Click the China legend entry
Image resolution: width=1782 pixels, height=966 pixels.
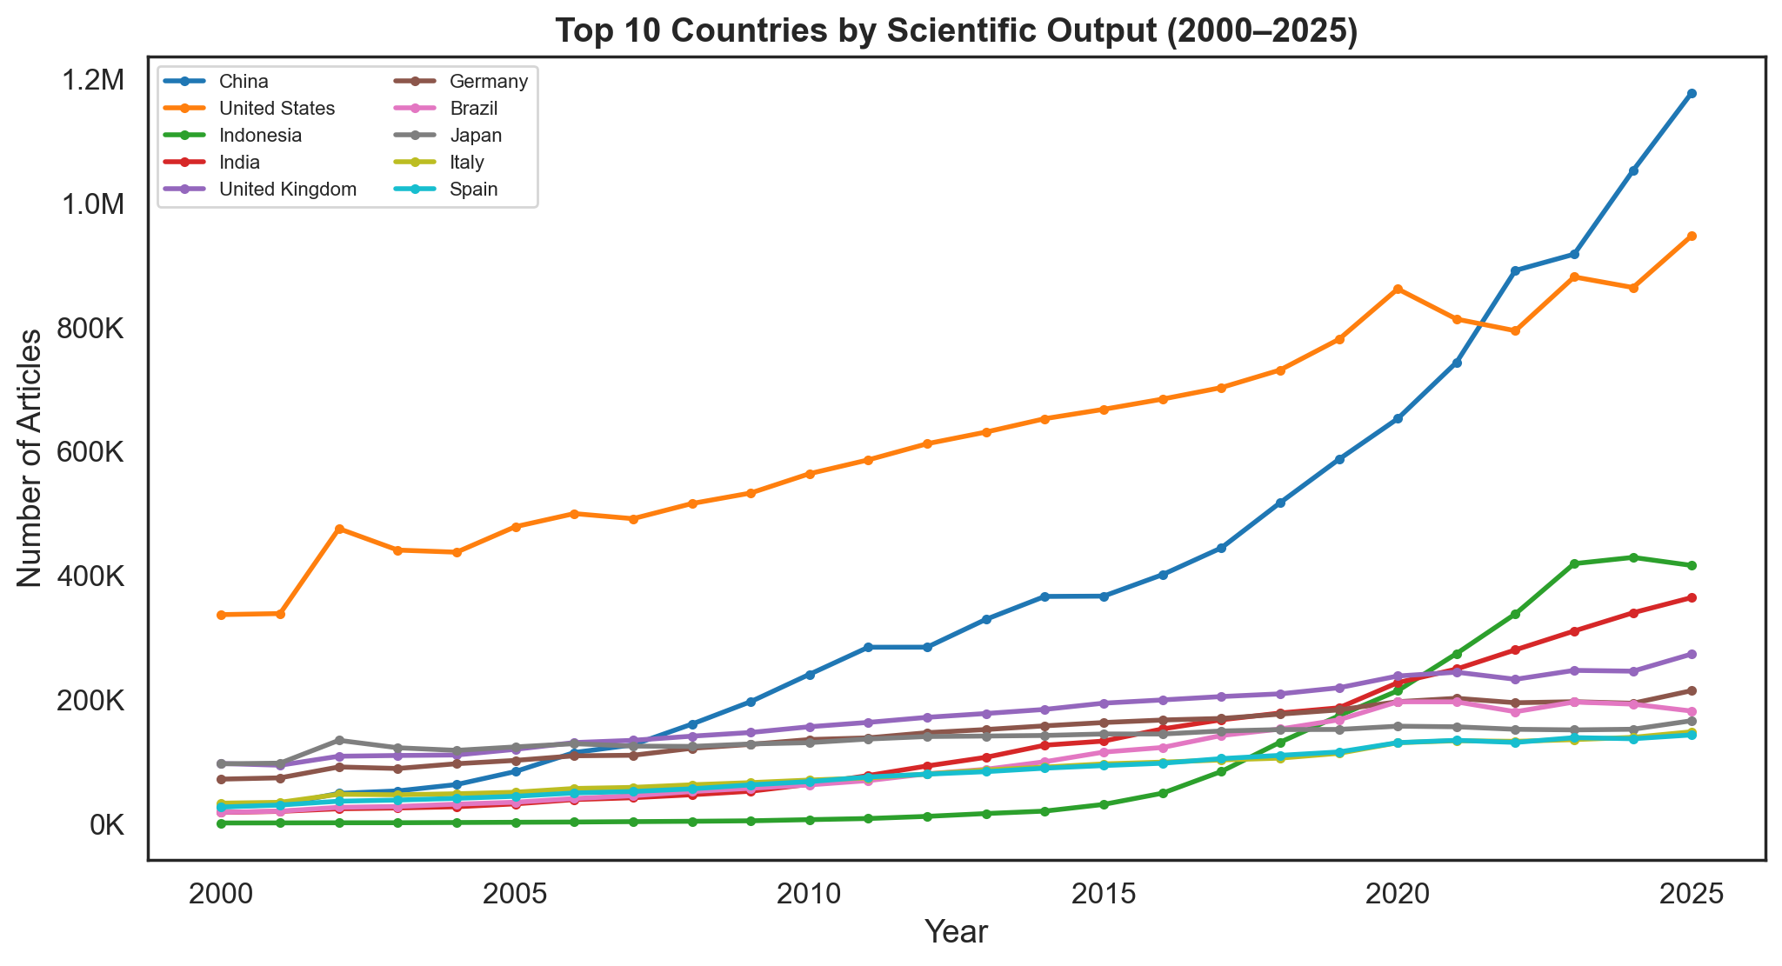[243, 83]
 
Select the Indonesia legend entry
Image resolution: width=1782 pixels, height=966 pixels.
[260, 136]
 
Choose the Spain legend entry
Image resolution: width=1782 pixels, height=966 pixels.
[474, 190]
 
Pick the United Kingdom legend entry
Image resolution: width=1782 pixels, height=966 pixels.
[288, 190]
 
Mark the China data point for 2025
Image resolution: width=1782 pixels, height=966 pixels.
[1692, 93]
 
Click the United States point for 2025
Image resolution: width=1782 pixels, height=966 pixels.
[1692, 236]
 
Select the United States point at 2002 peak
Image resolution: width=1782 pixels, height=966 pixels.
[339, 529]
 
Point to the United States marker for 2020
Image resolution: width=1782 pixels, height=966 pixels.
[1398, 289]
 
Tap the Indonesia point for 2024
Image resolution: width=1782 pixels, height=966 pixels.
[1633, 557]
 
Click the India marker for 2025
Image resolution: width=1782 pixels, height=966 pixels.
[1692, 597]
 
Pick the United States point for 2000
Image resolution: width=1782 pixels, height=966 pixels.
[221, 615]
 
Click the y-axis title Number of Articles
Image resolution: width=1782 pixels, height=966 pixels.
[30, 457]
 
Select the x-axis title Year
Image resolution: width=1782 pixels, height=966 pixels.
[956, 932]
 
